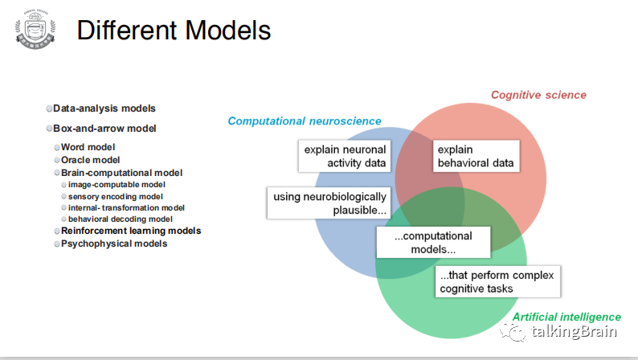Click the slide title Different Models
(x=174, y=31)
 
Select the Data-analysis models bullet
(x=104, y=108)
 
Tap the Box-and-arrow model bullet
(x=104, y=129)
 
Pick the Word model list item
(x=88, y=147)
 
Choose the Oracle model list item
(x=90, y=160)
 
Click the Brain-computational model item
(x=121, y=173)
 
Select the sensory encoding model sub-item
(x=115, y=196)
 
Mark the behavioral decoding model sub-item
(x=120, y=219)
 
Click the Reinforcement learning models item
(x=130, y=231)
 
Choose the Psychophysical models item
(x=114, y=243)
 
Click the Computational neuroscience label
(x=305, y=121)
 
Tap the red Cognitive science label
(x=538, y=96)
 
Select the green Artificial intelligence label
(x=566, y=317)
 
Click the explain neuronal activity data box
(x=345, y=157)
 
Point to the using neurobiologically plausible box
(x=329, y=203)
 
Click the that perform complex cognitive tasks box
(x=497, y=282)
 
